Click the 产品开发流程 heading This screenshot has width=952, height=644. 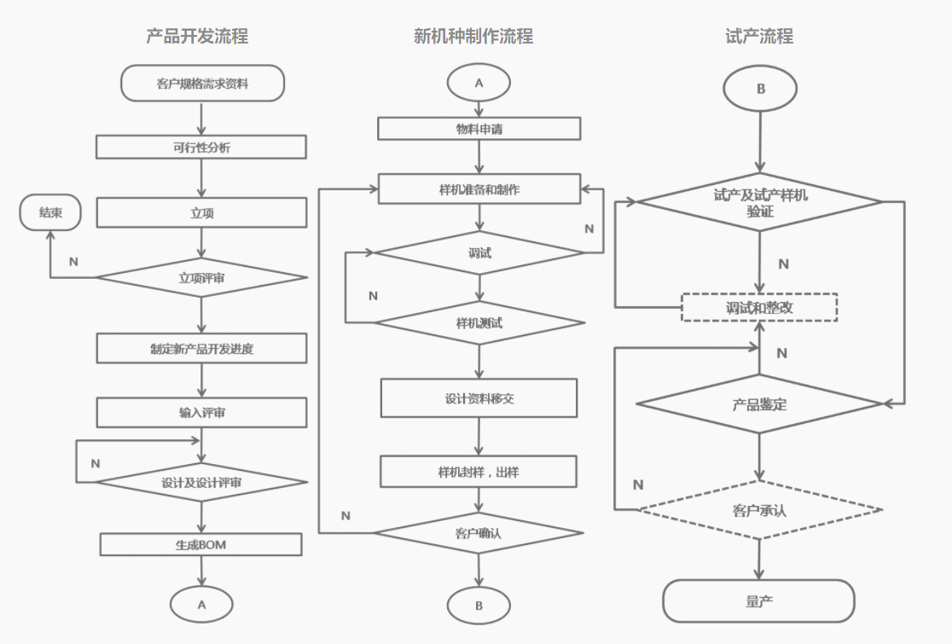[197, 36]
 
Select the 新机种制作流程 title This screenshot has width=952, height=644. [473, 36]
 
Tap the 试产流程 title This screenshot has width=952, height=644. [759, 36]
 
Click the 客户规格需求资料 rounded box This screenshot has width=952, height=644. [202, 84]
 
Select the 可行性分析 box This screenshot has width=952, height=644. [201, 147]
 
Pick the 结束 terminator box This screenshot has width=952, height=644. [50, 212]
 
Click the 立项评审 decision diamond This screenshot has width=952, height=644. [201, 277]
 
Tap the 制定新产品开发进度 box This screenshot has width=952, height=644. [201, 348]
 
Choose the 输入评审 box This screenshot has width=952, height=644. [201, 413]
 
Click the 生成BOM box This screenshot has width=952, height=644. [201, 544]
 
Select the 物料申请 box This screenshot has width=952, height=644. [479, 129]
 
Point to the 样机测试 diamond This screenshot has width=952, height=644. [479, 323]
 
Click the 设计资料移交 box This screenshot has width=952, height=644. [479, 397]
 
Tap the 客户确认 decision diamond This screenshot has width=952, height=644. [479, 533]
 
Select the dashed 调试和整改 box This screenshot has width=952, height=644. [759, 307]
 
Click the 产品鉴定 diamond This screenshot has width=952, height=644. [759, 403]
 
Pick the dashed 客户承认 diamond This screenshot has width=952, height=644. [759, 510]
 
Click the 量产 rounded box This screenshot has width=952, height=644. [758, 601]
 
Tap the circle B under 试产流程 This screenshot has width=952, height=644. [760, 89]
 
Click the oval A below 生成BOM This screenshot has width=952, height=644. [202, 604]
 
